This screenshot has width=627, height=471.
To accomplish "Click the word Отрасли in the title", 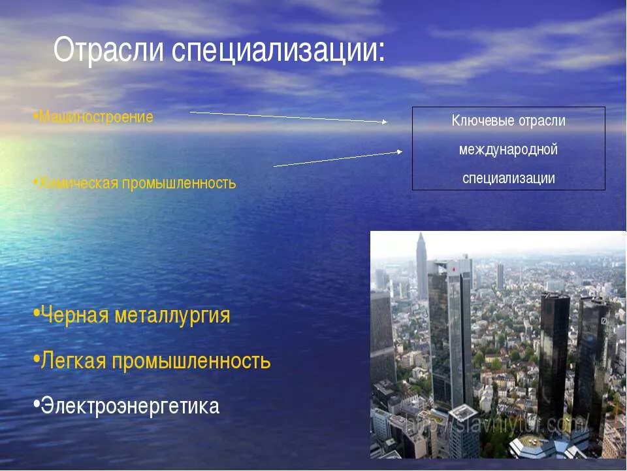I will (110, 50).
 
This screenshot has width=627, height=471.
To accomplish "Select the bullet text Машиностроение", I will (96, 118).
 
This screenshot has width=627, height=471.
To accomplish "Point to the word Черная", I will (75, 315).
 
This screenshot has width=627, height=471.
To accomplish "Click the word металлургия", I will (172, 316).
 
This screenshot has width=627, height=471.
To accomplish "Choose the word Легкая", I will (73, 360).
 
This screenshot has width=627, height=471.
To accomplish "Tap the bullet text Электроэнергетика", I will (130, 406).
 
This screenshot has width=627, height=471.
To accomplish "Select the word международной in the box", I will (508, 150).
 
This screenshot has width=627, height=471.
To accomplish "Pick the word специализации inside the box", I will (508, 178).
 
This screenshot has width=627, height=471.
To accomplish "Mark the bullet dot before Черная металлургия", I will (35, 313).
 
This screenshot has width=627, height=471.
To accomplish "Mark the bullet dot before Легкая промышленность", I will (35, 358).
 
